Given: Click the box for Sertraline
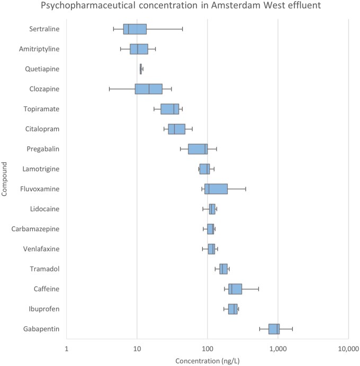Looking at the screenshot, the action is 135,29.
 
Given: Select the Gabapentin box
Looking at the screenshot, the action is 274,329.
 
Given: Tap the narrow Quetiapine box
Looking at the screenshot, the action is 141,69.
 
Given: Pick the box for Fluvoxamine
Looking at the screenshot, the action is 216,189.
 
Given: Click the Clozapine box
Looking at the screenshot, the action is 149,89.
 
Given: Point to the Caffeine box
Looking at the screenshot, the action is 235,289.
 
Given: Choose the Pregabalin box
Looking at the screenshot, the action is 198,149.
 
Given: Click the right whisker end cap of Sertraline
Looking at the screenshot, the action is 183,29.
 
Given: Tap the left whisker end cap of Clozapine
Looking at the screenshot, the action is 109,89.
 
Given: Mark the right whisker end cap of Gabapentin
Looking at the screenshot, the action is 292,329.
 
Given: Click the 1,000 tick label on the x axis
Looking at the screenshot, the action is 278,349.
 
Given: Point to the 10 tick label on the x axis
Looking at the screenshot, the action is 137,349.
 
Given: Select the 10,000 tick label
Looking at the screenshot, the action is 348,349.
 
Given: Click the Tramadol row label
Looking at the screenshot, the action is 44,269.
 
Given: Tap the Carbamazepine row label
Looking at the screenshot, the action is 35,228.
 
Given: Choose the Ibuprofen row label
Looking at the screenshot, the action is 44,309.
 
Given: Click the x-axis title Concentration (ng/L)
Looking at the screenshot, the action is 208,361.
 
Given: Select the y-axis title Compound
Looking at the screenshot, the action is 4,179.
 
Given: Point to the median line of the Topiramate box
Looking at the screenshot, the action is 174,109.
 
